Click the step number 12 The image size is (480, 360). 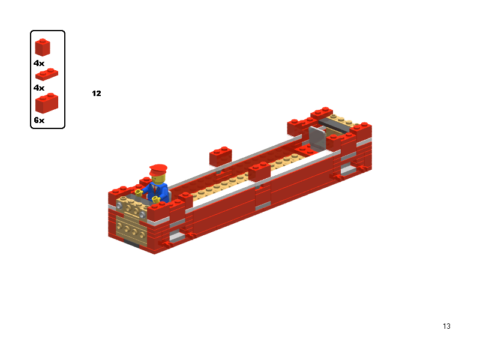(x=97, y=94)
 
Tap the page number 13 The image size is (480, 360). (x=446, y=326)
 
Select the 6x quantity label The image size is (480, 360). (x=39, y=120)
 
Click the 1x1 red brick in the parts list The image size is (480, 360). (x=43, y=47)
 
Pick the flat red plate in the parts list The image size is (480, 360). (x=47, y=74)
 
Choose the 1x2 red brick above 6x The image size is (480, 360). (x=47, y=103)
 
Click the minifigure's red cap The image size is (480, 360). (x=158, y=170)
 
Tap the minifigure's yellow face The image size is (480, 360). (x=158, y=179)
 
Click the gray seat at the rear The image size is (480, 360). (x=317, y=139)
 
